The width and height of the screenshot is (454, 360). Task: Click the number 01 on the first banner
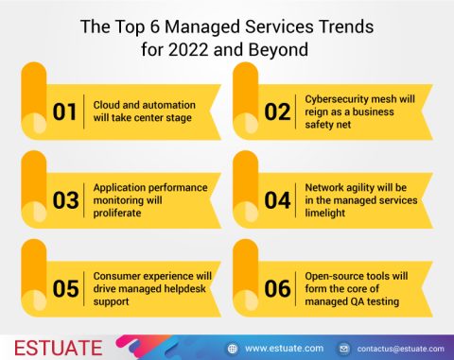[64, 111]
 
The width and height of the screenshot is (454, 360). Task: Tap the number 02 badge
[277, 111]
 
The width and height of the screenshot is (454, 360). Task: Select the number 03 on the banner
[64, 200]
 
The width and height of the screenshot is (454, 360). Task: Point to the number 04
[277, 200]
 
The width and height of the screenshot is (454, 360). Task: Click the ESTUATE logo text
[54, 346]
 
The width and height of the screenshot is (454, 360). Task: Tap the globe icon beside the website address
[232, 348]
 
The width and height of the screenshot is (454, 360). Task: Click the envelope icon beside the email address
[344, 348]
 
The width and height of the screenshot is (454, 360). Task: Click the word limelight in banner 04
[327, 214]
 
